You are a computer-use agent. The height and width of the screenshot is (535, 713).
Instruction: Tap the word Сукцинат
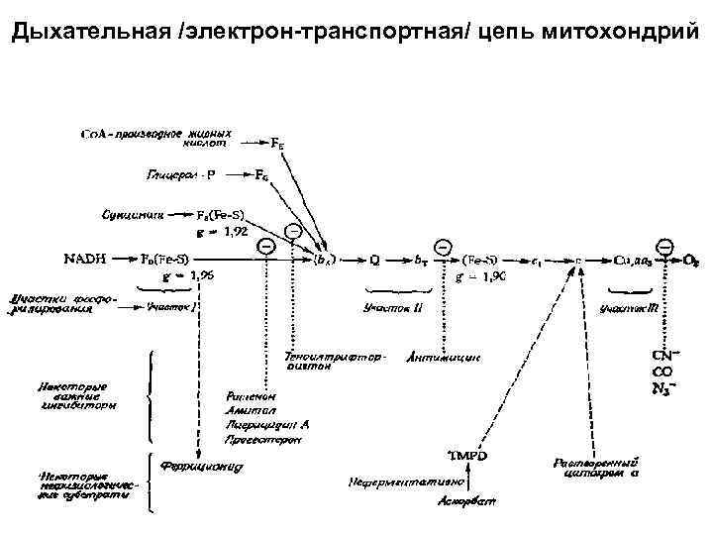tap(132, 212)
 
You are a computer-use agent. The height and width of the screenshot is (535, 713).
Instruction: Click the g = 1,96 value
tap(187, 276)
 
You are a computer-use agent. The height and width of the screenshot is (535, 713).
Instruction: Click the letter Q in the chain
tap(375, 260)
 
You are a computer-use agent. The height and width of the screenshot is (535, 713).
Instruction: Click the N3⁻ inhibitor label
tap(662, 387)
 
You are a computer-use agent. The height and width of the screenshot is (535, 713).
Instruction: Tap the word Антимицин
tap(443, 358)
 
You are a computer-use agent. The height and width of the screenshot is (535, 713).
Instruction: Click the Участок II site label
tap(393, 308)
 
